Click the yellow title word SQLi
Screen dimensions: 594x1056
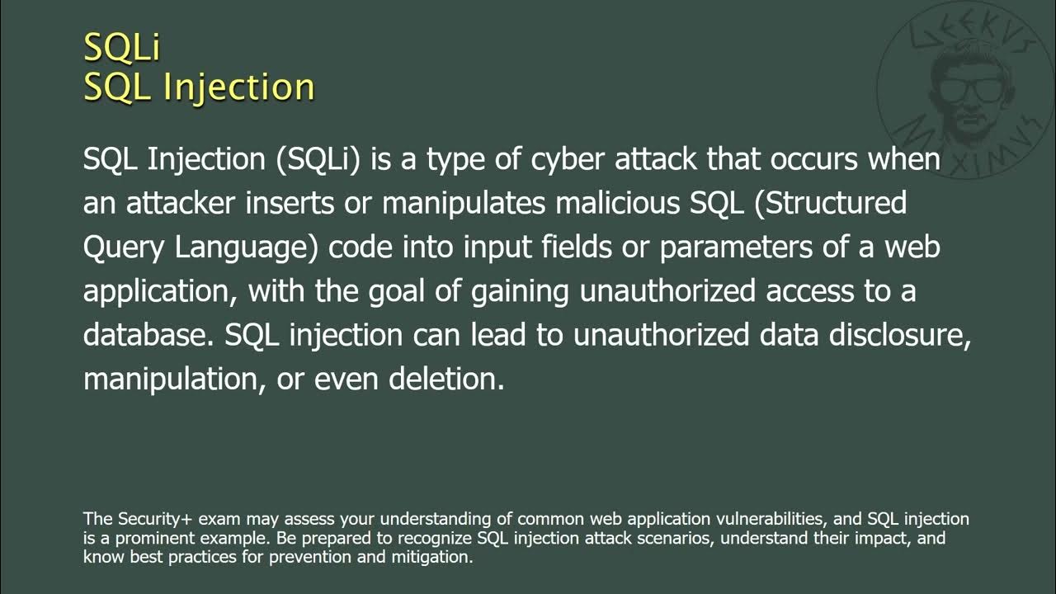121,47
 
